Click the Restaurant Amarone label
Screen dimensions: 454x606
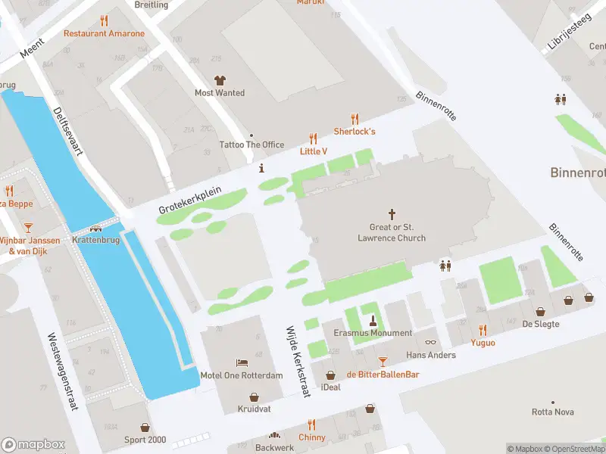point(104,33)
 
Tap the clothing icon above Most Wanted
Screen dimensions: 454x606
point(220,80)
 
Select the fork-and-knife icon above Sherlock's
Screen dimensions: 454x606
point(355,118)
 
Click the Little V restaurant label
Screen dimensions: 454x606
point(313,151)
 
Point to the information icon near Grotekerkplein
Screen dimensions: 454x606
point(261,168)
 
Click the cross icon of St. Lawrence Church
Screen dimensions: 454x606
point(392,214)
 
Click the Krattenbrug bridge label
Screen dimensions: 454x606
point(95,240)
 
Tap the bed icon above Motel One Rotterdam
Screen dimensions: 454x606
point(241,363)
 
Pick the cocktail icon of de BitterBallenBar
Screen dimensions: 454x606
point(383,362)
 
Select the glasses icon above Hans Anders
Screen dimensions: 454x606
point(431,342)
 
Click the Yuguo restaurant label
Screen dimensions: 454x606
point(483,343)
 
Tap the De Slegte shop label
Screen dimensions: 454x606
point(541,324)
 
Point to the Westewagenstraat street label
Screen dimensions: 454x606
point(63,371)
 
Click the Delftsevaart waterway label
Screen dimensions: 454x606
point(68,130)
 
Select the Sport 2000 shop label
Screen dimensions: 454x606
point(145,440)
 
